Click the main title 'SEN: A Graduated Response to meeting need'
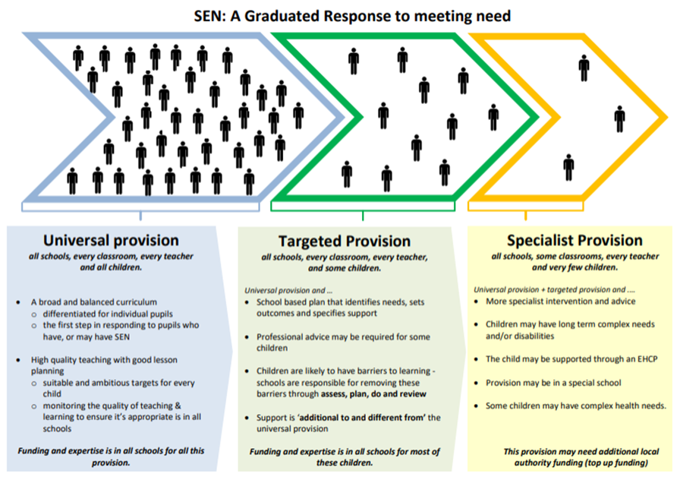coord(339,14)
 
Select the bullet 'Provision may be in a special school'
coord(553,382)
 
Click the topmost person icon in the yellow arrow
coord(584,67)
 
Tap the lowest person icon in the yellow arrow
coord(569,166)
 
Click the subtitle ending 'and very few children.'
coord(573,267)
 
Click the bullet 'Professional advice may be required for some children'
coord(348,342)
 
